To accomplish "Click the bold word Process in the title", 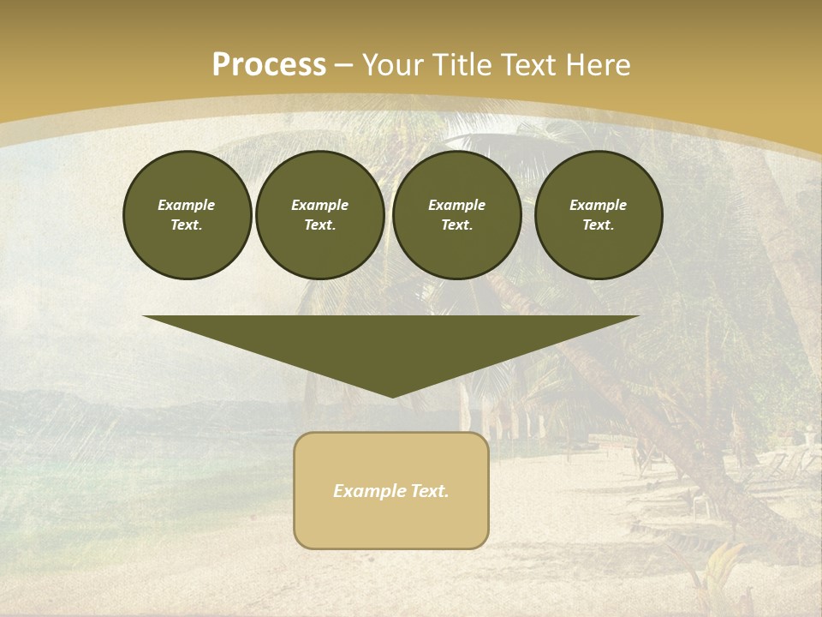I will [269, 65].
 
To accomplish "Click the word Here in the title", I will [601, 65].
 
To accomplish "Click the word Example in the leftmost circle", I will [187, 205].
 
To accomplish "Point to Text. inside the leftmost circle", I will [187, 225].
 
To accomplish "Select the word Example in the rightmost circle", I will [598, 205].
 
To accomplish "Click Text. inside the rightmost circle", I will [598, 225].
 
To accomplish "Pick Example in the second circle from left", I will [319, 205].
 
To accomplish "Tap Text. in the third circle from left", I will [456, 225].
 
